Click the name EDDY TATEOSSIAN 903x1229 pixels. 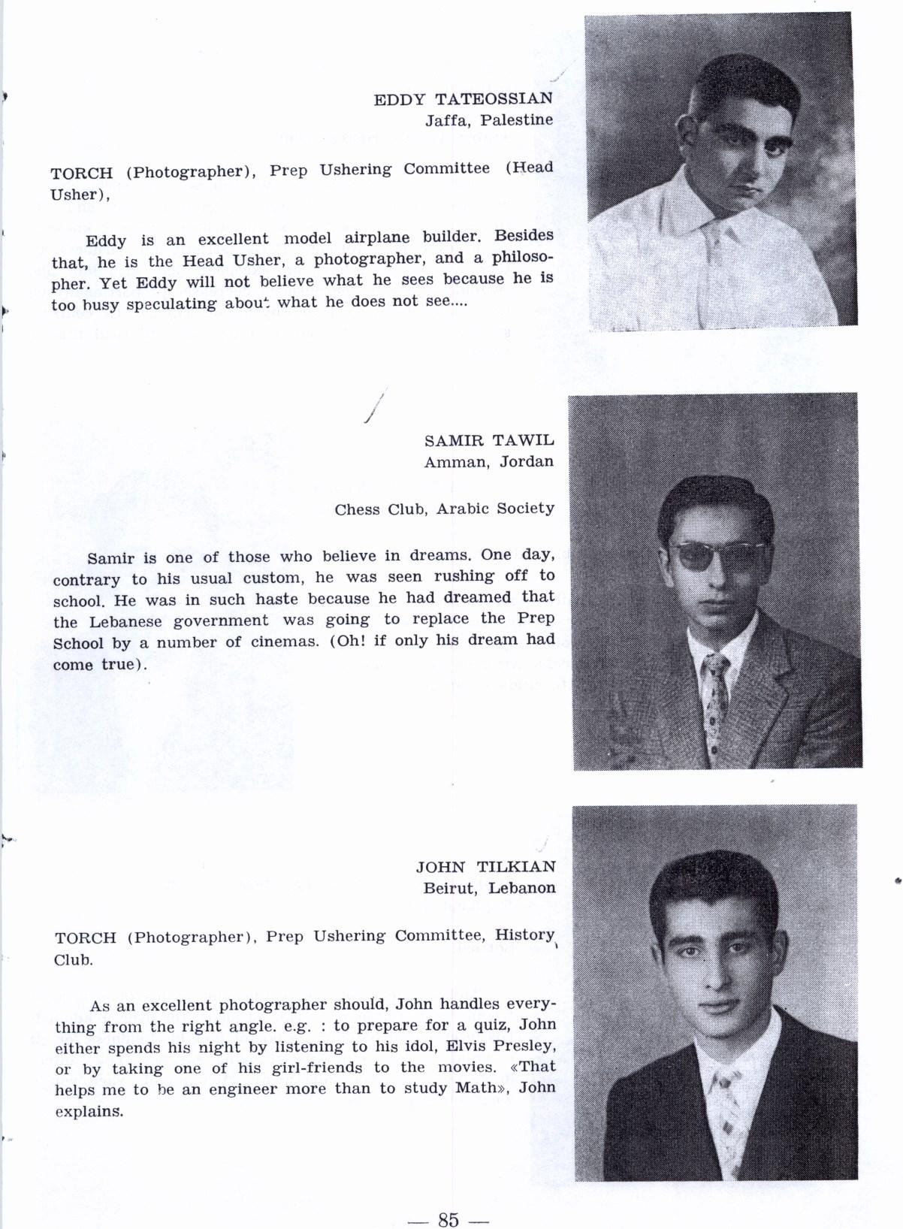tap(463, 98)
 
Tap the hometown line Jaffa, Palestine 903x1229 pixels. tap(489, 119)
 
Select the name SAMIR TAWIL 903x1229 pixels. tap(488, 440)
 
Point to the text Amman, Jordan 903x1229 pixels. tap(488, 461)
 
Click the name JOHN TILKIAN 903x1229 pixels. tap(485, 866)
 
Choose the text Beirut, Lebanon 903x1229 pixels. tap(489, 888)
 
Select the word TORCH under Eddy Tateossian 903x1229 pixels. tap(81, 173)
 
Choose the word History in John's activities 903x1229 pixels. tap(524, 935)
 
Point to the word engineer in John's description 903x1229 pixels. tap(236, 1089)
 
